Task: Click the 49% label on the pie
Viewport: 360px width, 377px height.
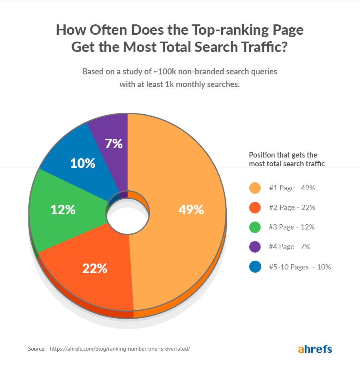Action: (191, 209)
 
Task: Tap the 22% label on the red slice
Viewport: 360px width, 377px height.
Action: (95, 268)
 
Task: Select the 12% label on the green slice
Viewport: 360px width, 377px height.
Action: (63, 209)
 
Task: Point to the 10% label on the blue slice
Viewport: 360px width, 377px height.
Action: (82, 163)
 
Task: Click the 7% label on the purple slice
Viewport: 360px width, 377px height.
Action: (114, 144)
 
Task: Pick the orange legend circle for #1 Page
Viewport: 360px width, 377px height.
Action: (255, 188)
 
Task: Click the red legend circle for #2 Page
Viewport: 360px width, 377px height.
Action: (255, 207)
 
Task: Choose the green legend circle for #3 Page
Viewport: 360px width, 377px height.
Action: (255, 227)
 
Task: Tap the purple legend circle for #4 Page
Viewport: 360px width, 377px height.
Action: (255, 247)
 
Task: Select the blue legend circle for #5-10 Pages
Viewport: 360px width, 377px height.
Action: (255, 267)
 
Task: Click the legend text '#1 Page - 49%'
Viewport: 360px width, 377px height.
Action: (292, 188)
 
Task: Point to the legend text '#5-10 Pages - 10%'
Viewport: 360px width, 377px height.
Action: (300, 267)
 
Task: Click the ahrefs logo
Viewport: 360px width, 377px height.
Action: (315, 349)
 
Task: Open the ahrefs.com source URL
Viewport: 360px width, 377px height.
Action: (120, 349)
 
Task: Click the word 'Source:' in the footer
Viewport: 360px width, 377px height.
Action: (37, 349)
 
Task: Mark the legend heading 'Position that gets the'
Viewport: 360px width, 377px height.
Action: (283, 155)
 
